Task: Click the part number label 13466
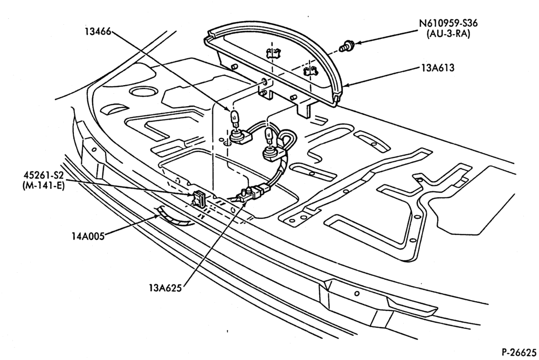click(x=98, y=32)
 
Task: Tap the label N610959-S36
click(x=448, y=24)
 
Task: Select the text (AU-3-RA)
click(x=448, y=34)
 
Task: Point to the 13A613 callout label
click(x=438, y=68)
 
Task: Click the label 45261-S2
click(x=42, y=177)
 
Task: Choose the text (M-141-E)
click(x=43, y=187)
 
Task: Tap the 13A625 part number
click(x=165, y=287)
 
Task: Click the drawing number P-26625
click(x=519, y=352)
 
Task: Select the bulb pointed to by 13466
click(x=233, y=119)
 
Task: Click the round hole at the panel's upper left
click(x=142, y=92)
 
